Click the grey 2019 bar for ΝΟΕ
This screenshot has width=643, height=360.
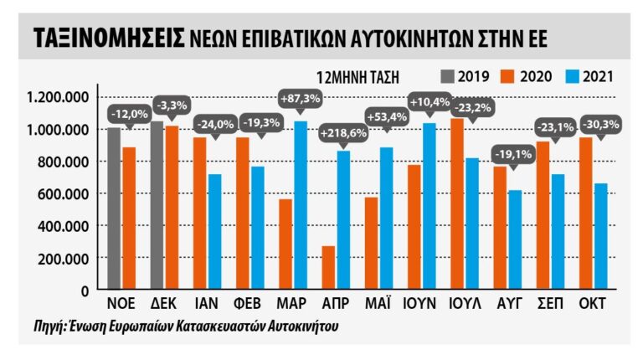coord(115,208)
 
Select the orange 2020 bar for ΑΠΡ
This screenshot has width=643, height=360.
coord(329,268)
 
